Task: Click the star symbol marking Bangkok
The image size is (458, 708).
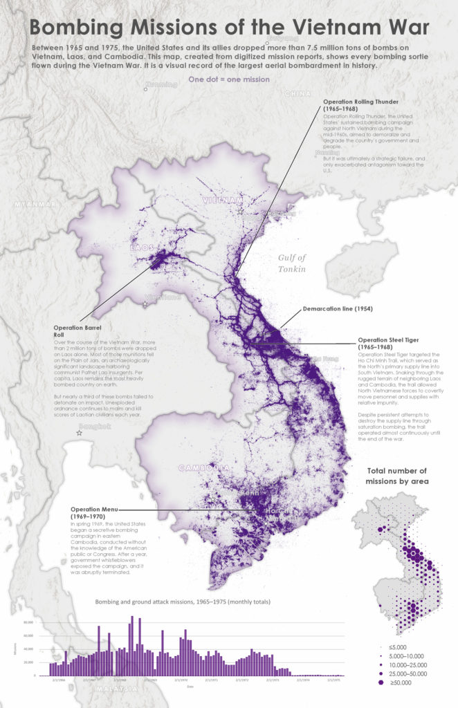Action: pyautogui.click(x=80, y=432)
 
